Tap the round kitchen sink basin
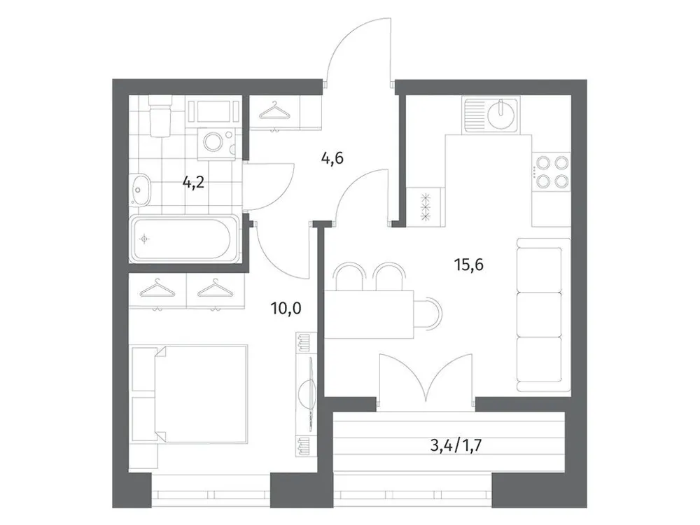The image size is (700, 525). pyautogui.click(x=500, y=115)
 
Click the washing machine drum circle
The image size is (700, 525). pyautogui.click(x=213, y=143)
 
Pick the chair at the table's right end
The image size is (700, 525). pyautogui.click(x=429, y=309)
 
